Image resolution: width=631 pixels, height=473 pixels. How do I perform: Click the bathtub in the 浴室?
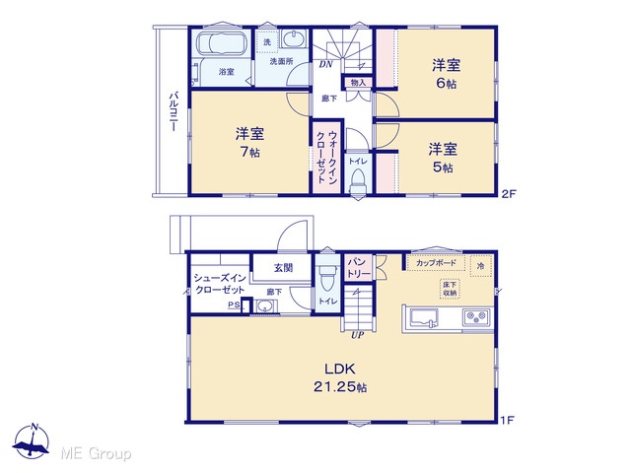click(221, 42)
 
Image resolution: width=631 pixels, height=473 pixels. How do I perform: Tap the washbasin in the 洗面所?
click(293, 39)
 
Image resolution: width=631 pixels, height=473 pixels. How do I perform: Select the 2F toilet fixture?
click(358, 181)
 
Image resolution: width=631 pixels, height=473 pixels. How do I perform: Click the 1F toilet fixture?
click(326, 278)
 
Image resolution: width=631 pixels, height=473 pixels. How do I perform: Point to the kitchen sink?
click(424, 317)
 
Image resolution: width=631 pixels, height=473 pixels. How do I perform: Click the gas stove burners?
click(476, 317)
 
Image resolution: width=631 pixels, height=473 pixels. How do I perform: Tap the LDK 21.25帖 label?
click(340, 377)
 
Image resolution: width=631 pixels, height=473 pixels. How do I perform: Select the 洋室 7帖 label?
click(249, 142)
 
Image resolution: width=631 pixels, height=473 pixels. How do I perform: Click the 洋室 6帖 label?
click(447, 74)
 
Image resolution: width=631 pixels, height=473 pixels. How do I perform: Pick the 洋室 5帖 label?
click(443, 158)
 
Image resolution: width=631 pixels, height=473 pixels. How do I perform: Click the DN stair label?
click(325, 64)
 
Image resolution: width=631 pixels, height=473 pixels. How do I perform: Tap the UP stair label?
click(357, 335)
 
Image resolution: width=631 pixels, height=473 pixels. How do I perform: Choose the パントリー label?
click(359, 268)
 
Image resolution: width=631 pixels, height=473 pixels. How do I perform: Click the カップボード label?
click(436, 263)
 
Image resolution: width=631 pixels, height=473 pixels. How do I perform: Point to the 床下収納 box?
click(450, 289)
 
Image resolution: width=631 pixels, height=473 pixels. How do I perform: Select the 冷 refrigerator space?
click(481, 266)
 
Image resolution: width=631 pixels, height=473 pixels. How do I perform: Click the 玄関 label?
click(283, 267)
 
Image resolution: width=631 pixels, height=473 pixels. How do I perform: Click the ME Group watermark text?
click(96, 453)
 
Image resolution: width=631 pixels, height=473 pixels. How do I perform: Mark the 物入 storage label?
click(358, 83)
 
